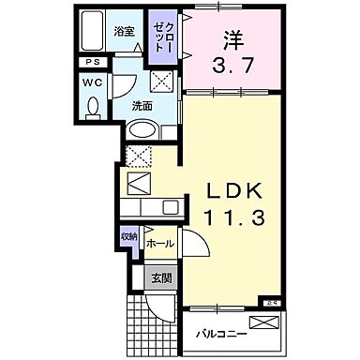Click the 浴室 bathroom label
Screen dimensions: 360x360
[x=124, y=31]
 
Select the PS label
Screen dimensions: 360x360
[x=91, y=62]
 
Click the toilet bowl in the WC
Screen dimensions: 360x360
[x=92, y=108]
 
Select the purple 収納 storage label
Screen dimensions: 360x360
[x=127, y=237]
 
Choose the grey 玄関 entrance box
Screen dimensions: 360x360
[x=160, y=277]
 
